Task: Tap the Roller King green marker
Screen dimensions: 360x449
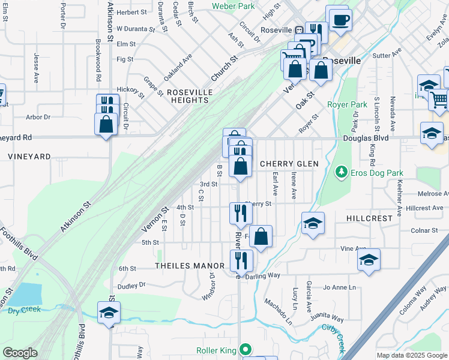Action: (245, 349)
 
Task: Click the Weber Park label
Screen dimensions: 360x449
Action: (234, 6)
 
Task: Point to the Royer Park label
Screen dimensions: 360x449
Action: (347, 104)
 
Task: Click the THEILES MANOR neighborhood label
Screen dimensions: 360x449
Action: (189, 265)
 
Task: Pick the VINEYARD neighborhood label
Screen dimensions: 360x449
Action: (29, 156)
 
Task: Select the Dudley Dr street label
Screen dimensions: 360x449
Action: (132, 286)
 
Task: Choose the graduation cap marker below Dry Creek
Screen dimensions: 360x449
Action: (109, 313)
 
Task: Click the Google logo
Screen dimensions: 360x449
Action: (20, 353)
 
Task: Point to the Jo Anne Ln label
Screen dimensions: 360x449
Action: (340, 287)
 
